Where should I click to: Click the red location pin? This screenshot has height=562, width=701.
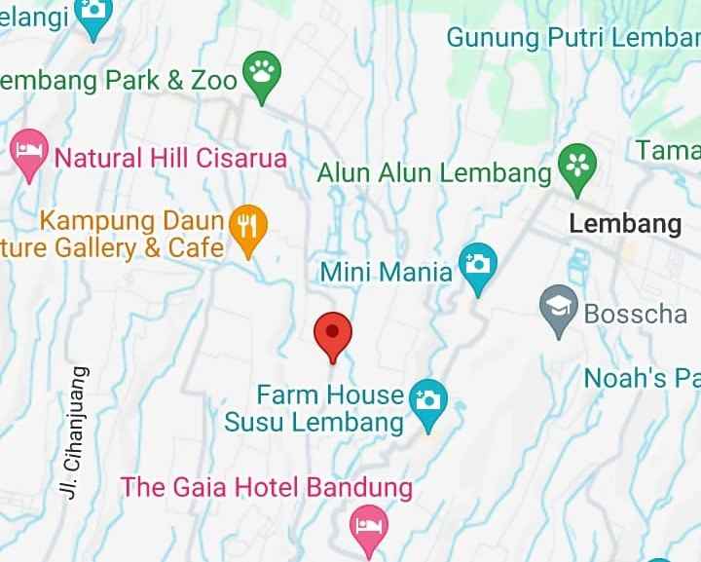click(x=332, y=333)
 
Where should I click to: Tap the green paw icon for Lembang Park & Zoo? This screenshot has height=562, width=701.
click(x=262, y=74)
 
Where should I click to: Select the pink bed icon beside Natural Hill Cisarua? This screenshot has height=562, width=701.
click(x=29, y=152)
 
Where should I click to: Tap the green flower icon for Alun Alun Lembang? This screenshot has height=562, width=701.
click(x=577, y=166)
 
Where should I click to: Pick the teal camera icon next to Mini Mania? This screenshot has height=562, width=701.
click(x=477, y=266)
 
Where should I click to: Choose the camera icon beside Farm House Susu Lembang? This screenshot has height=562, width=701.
click(x=427, y=401)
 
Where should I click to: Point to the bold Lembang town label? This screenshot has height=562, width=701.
click(x=625, y=223)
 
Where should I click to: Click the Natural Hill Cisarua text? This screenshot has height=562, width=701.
click(x=170, y=158)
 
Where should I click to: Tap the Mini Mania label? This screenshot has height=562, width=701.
click(x=387, y=271)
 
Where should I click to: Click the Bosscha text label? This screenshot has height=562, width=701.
click(x=635, y=315)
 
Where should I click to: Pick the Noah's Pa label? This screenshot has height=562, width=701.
click(x=642, y=378)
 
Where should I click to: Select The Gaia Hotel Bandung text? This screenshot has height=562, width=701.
click(x=266, y=486)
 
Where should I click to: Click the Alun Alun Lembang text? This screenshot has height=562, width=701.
click(x=434, y=173)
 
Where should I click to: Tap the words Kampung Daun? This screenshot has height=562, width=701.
click(x=131, y=220)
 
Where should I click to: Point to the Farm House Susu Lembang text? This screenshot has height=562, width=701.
click(x=315, y=408)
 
